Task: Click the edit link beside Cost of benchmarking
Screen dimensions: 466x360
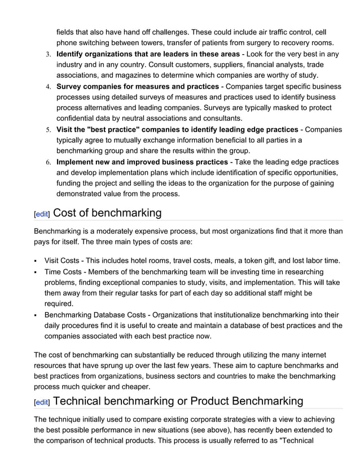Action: pos(41,214)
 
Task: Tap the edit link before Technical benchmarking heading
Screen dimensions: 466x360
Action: pos(41,402)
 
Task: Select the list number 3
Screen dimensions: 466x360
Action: pos(49,55)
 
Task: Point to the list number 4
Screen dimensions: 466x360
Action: pos(49,87)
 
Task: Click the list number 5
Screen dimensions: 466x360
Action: pos(49,130)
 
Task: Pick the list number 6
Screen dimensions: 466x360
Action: pos(49,162)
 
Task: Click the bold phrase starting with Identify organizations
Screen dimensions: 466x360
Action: pos(148,54)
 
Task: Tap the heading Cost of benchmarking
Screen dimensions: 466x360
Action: pos(107,213)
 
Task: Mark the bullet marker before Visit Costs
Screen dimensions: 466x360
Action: pos(36,261)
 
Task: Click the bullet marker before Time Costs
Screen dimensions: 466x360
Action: pos(36,272)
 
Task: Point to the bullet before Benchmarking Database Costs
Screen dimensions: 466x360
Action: pos(36,315)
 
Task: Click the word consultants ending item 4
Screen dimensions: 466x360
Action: pos(218,118)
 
